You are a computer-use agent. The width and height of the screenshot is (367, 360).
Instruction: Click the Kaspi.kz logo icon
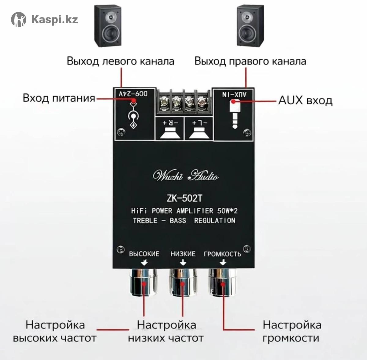(19, 20)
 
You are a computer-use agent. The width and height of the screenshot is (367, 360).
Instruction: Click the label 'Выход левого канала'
(120, 61)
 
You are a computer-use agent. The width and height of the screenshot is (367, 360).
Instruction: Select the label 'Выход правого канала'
(250, 61)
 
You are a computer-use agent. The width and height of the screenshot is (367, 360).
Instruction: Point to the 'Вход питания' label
(59, 98)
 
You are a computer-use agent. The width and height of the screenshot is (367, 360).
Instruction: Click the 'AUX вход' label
(305, 100)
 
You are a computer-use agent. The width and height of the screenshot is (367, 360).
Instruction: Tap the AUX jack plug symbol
(234, 114)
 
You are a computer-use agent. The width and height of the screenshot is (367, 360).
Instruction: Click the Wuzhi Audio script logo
(186, 176)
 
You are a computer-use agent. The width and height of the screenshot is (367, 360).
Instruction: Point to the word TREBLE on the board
(145, 220)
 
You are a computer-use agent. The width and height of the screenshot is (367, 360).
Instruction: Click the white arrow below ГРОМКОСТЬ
(223, 262)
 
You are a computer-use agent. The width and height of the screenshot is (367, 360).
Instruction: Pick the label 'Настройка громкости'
(292, 332)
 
